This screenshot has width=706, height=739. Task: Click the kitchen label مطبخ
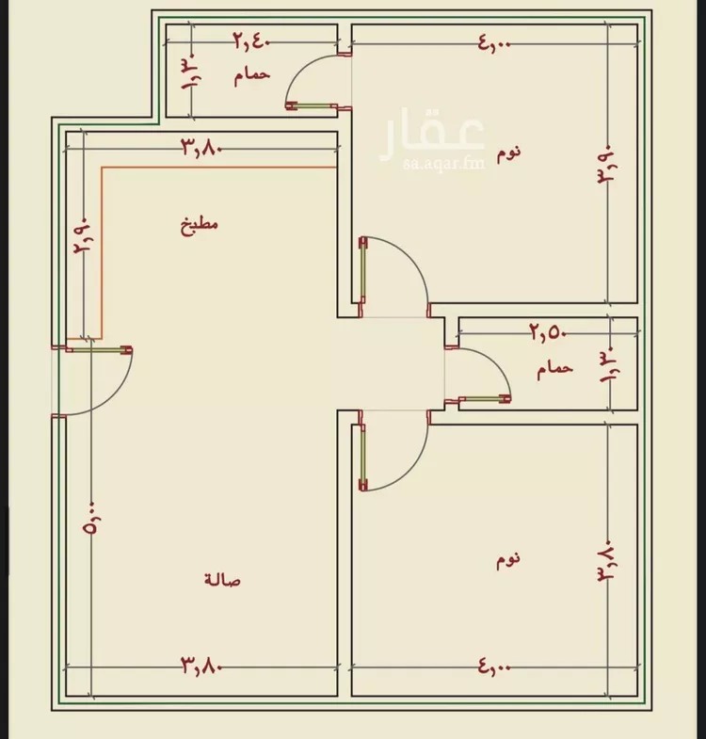(200, 224)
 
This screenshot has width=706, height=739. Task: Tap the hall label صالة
(222, 579)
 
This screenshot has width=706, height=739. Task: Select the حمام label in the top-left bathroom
(252, 75)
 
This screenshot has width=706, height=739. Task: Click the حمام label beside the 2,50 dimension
(554, 368)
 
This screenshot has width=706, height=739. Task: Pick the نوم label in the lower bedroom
(508, 560)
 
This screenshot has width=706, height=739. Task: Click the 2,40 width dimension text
(252, 41)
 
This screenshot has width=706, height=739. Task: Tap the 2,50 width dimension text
(548, 332)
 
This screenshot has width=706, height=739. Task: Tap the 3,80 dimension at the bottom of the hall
(201, 665)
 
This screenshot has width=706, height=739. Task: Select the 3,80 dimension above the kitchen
(201, 148)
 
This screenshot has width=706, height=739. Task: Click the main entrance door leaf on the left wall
(99, 350)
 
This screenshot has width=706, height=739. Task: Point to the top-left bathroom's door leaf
(312, 106)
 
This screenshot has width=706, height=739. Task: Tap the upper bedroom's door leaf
(363, 270)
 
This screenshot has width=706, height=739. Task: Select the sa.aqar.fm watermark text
(444, 163)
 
